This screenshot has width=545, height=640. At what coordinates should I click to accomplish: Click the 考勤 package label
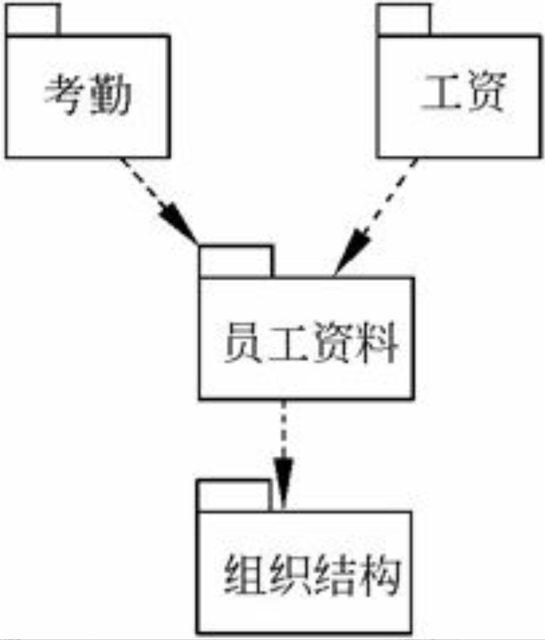coord(87,95)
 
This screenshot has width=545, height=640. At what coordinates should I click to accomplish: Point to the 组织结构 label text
coord(312,576)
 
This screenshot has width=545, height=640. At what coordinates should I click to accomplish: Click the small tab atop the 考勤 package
coord(33,20)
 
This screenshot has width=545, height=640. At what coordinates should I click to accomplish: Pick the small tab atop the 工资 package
coord(404,20)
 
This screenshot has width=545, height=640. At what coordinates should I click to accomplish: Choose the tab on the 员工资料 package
coord(236,261)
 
